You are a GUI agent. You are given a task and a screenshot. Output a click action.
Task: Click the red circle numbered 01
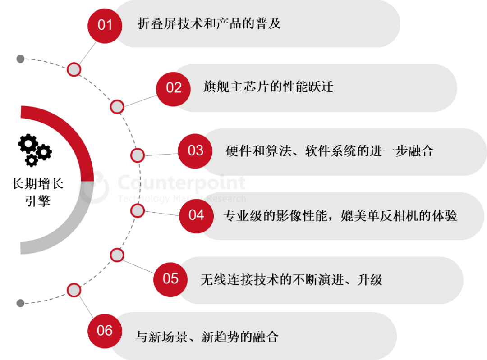coord(105,24)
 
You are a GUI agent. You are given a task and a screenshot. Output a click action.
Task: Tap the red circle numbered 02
coord(174,87)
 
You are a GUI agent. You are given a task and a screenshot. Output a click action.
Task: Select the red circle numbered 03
coord(195,150)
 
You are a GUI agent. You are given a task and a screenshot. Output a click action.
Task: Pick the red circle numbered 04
coord(196,215)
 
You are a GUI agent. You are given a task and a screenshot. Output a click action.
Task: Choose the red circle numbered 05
coord(170,278)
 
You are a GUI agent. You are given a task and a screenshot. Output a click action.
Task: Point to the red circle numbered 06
coord(105,331)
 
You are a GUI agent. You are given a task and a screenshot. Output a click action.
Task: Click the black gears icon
coord(35,150)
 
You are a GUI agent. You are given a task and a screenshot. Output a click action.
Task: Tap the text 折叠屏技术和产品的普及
coord(209,23)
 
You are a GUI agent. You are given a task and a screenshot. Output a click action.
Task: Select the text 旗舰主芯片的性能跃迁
coord(268,87)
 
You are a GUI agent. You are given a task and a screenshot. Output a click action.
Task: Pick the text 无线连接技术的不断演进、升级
coord(291,279)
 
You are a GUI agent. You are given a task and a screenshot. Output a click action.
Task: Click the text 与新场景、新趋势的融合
coord(207,336)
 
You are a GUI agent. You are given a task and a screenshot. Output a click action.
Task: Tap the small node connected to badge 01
coord(74,69)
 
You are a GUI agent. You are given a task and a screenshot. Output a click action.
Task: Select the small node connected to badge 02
coord(117,107)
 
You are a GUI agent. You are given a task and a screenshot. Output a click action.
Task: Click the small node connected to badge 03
coord(137,155)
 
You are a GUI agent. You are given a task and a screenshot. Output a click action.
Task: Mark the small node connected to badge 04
coord(137,210)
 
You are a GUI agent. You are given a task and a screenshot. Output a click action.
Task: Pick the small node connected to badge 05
coord(117,255)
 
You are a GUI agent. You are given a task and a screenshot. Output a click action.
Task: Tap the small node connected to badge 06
coord(74,290)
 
